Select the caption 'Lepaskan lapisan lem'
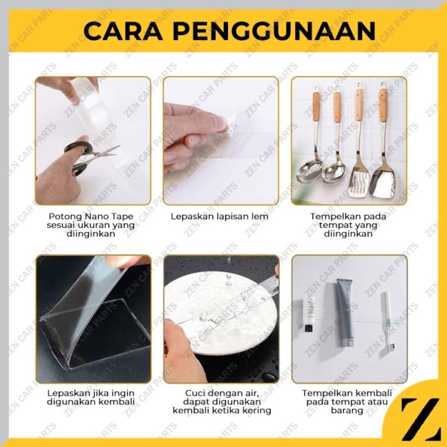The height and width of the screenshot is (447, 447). pos(220,216)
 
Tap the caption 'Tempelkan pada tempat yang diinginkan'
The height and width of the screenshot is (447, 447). pos(348,225)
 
